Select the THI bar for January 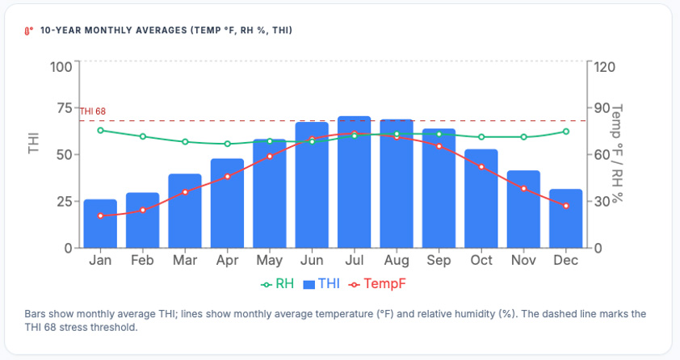coord(100,224)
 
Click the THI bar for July coord(354,182)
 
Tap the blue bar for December coord(566,219)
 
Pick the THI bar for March coord(185,211)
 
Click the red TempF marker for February coord(143,210)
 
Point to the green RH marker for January coord(100,130)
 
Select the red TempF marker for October coord(481,167)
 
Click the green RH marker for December coord(566,132)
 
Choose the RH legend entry coord(278,284)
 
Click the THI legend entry coord(321,284)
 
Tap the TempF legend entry coord(376,284)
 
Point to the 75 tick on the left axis coord(61,109)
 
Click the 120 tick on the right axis coord(604,66)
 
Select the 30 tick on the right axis coord(600,202)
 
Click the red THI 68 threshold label coord(92,111)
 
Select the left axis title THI coord(34,143)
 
